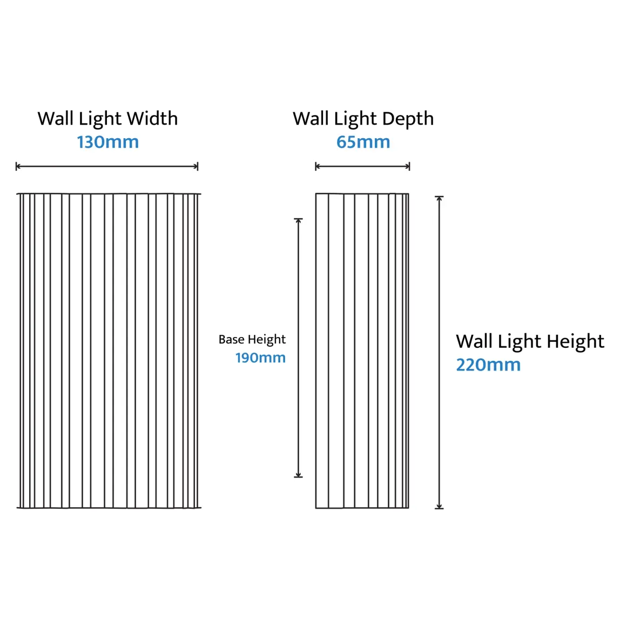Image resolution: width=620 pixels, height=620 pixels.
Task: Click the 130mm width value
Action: [x=108, y=142]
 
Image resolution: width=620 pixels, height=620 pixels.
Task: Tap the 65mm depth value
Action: [x=363, y=142]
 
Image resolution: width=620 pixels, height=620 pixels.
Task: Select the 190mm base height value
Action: [x=260, y=358]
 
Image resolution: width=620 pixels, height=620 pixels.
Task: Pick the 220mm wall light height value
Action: [x=488, y=365]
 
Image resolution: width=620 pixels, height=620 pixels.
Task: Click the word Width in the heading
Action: [x=153, y=119]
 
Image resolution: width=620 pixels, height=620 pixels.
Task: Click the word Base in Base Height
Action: [x=231, y=339]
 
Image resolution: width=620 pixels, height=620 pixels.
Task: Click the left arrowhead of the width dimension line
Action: [x=17, y=166]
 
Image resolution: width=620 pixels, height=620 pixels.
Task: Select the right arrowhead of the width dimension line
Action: [x=196, y=166]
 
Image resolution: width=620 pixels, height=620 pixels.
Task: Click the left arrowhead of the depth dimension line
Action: [x=317, y=166]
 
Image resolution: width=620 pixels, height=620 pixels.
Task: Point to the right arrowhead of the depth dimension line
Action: [x=408, y=166]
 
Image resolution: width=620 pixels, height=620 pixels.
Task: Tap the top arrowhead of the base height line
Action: [x=299, y=221]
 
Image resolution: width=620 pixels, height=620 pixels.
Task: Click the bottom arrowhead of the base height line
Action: [x=299, y=475]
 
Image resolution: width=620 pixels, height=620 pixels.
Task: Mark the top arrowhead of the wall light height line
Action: [x=439, y=199]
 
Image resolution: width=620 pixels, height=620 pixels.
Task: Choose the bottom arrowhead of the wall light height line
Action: [x=439, y=506]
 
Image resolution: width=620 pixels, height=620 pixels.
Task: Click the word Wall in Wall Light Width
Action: [x=56, y=119]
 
